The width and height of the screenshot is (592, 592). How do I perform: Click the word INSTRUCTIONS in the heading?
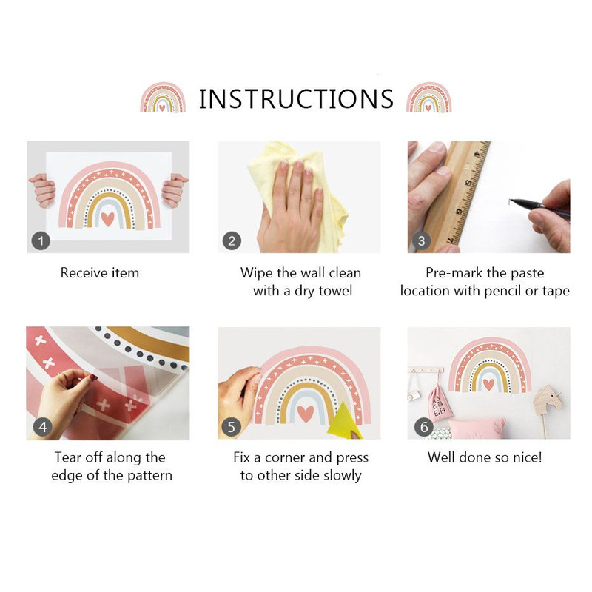click(x=297, y=99)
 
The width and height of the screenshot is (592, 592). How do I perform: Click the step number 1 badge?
click(x=41, y=240)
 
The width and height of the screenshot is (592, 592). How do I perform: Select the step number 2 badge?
click(x=232, y=241)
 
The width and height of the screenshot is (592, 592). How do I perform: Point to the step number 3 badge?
click(x=421, y=241)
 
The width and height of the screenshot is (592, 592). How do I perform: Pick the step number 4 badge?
click(x=43, y=427)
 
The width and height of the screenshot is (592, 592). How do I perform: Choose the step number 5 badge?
click(x=231, y=427)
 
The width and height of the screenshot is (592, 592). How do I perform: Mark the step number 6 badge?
click(x=423, y=427)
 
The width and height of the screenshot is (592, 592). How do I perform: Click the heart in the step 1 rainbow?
click(x=108, y=219)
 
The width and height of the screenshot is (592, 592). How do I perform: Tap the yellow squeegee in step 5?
click(x=344, y=422)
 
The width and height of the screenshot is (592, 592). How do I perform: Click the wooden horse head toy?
click(x=548, y=400)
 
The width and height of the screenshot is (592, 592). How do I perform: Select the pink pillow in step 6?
click(x=477, y=429)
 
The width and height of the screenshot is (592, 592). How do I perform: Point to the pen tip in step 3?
click(x=511, y=201)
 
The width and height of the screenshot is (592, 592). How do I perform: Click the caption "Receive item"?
click(x=100, y=272)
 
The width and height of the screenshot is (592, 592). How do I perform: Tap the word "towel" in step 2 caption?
click(x=335, y=291)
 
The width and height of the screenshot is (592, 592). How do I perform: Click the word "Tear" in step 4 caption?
click(x=67, y=457)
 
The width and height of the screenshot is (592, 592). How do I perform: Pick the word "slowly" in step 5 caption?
click(x=343, y=475)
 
